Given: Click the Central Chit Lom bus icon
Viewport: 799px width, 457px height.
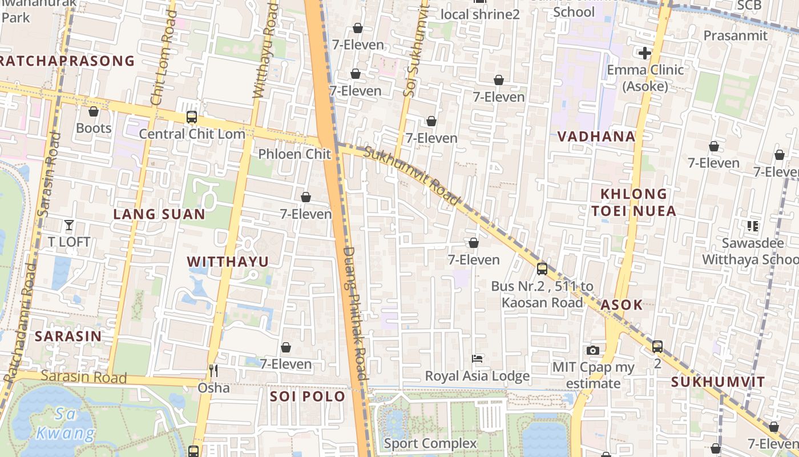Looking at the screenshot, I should point(192,117).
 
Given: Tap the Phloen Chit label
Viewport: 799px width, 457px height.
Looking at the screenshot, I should point(294,154).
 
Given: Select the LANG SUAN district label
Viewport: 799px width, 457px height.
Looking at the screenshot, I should point(159,214).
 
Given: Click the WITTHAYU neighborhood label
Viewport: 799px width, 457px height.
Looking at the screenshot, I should point(228,262).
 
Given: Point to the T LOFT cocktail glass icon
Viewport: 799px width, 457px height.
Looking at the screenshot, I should point(69,225).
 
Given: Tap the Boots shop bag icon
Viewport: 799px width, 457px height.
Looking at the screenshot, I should point(94,111).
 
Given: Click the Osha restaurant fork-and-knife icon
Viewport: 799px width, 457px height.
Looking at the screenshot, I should point(213,371).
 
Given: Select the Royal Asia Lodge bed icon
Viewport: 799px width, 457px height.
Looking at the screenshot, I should point(478,359).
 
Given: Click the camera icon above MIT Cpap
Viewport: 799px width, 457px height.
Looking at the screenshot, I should point(593,350).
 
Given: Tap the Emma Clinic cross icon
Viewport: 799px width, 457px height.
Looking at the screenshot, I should point(645,53).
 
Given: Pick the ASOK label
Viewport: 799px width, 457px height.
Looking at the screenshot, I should point(622,304).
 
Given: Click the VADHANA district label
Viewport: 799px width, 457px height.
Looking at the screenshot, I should point(596,137).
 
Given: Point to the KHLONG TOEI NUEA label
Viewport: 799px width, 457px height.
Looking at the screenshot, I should point(633,202).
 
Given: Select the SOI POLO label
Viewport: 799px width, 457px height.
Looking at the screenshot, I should point(308,396).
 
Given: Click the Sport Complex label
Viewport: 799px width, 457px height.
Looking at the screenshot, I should point(430,443).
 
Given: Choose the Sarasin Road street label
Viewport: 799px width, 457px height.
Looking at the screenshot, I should point(83,377).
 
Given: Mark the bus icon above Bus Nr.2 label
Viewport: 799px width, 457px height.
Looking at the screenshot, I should point(542,268).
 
